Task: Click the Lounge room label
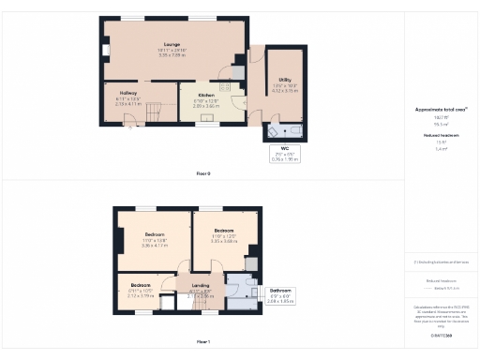point(169,44)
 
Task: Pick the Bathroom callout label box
point(280,295)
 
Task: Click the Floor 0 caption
point(202,173)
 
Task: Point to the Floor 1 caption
point(202,342)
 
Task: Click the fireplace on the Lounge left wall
point(106,49)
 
